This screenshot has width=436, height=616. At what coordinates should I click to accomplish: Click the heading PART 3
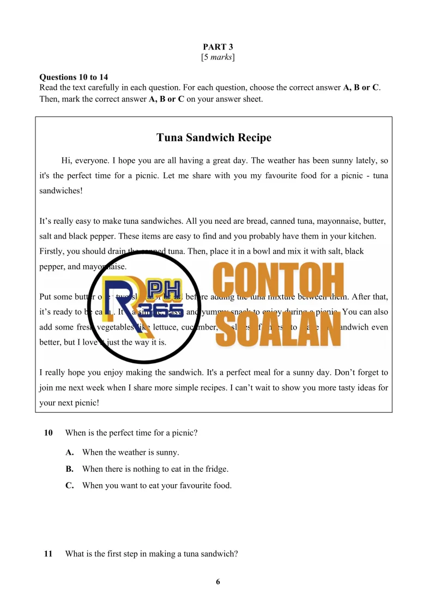click(218, 47)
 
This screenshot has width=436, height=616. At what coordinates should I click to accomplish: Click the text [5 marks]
click(218, 57)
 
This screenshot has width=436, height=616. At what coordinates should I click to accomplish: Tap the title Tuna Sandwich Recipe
click(214, 138)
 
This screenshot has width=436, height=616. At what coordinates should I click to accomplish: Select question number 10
click(49, 433)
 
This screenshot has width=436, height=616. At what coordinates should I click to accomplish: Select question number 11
click(49, 554)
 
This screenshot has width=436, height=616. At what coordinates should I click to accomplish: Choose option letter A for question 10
click(69, 453)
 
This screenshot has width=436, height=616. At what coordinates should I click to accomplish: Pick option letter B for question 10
click(69, 469)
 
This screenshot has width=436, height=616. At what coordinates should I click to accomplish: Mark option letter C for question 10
click(69, 485)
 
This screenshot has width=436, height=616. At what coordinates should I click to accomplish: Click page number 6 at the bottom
click(218, 582)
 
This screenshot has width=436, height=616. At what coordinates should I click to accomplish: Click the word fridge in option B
click(216, 469)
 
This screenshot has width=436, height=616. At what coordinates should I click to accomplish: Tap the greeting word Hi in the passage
click(66, 161)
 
